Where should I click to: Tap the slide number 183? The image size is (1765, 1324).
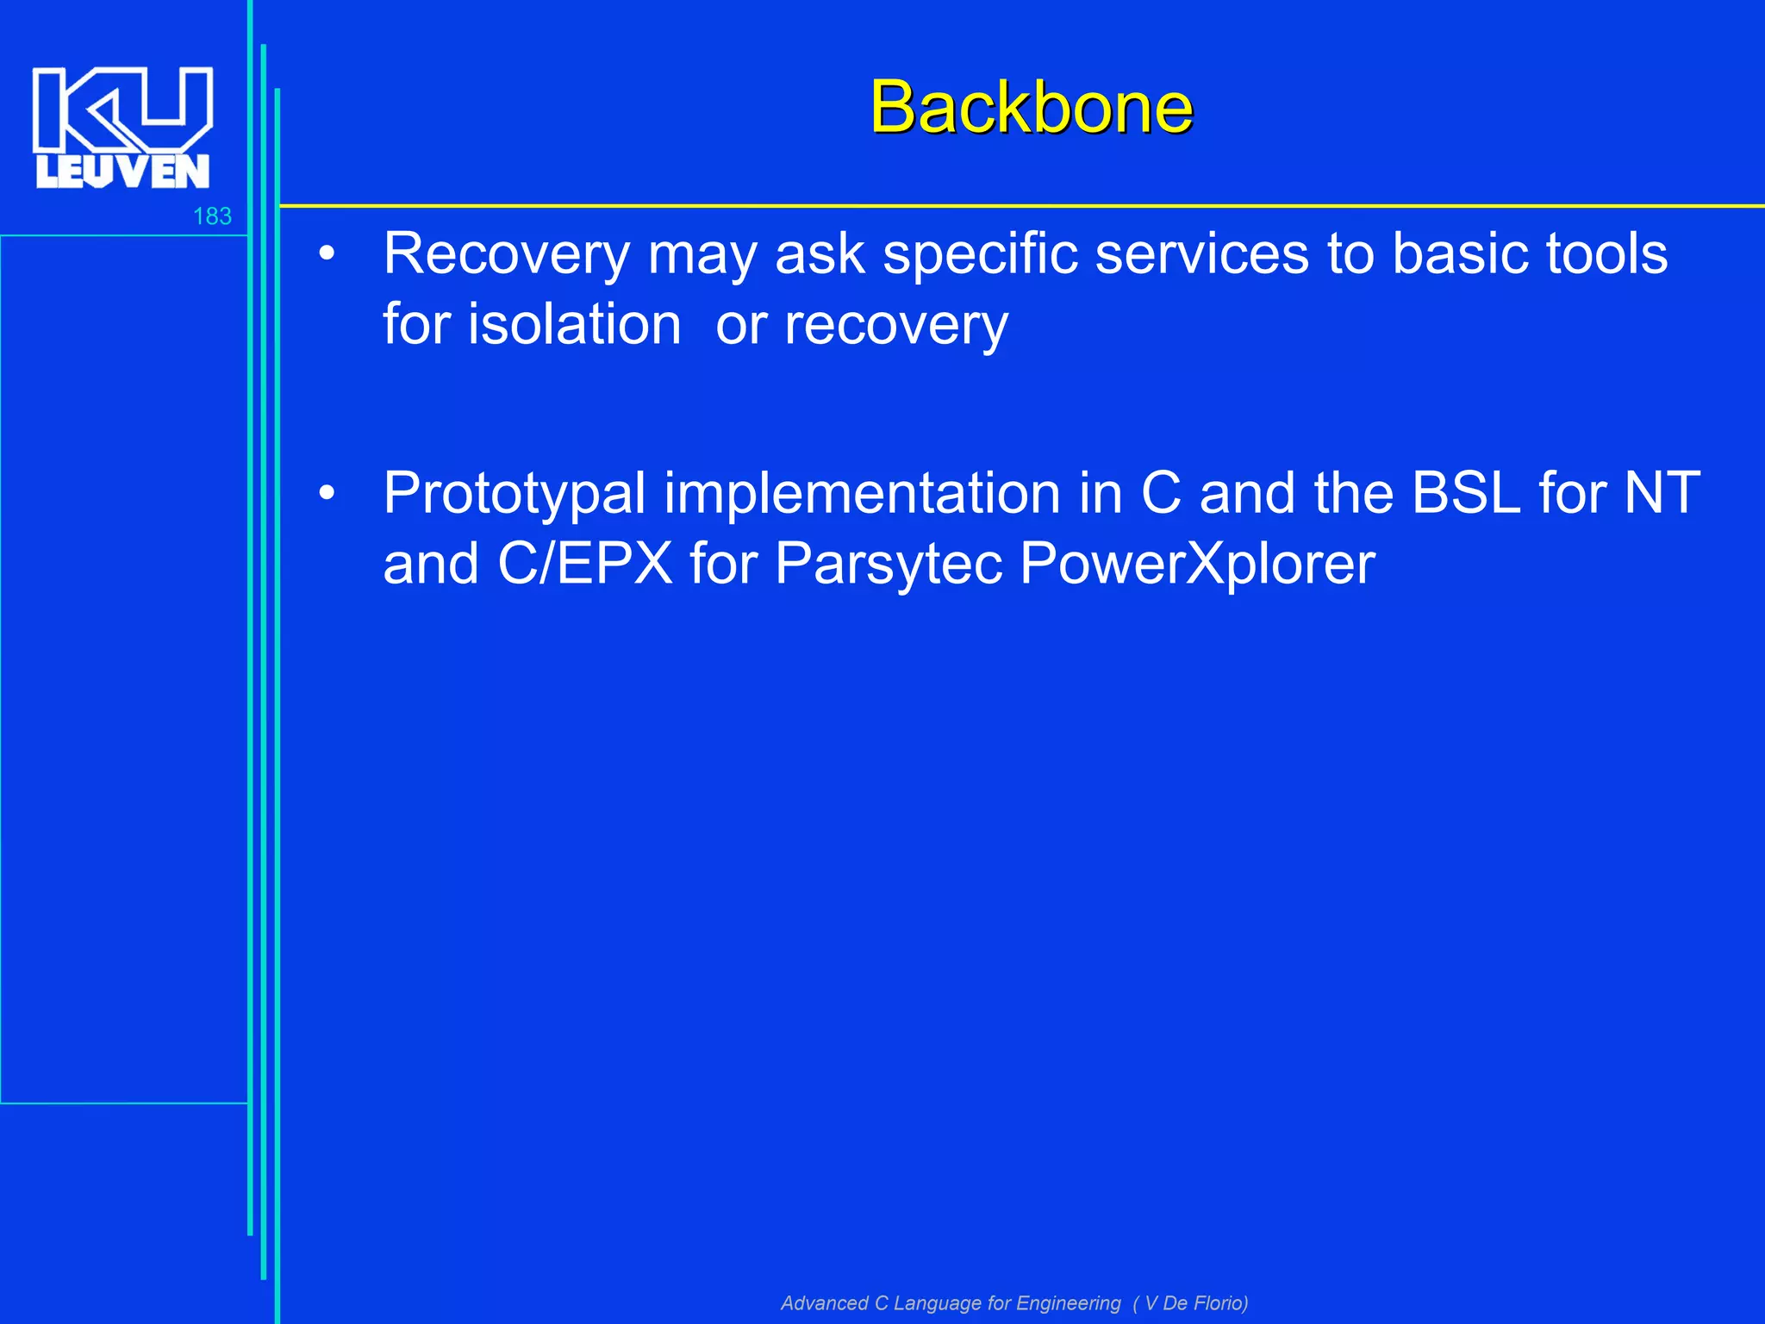point(212,216)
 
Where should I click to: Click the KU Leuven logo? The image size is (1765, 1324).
point(122,127)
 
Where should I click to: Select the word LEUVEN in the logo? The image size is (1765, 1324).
point(122,172)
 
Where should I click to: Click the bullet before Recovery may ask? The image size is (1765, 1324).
point(326,254)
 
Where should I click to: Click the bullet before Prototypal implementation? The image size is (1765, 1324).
point(326,494)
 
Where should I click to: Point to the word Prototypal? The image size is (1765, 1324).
point(514,494)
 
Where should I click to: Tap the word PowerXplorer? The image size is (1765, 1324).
point(1197,565)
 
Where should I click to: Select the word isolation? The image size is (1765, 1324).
point(575,325)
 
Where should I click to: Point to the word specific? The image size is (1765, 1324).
point(978,254)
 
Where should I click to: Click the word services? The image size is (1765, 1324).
point(1201,254)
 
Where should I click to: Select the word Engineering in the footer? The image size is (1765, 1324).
point(1068,1302)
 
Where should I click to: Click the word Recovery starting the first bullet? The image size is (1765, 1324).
point(507,254)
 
